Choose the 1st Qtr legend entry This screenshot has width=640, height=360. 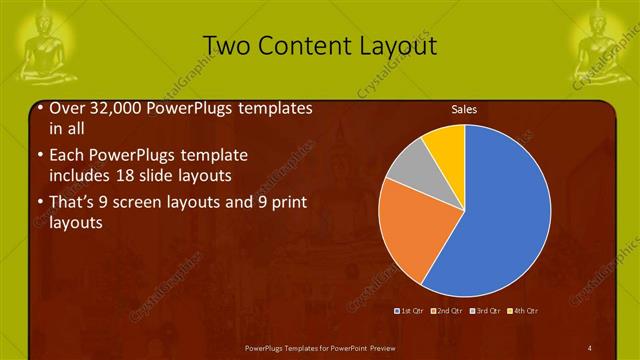(412, 310)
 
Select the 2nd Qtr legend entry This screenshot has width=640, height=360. (447, 310)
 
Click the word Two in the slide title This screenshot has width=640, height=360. (224, 46)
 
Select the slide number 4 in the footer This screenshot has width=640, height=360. (590, 347)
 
